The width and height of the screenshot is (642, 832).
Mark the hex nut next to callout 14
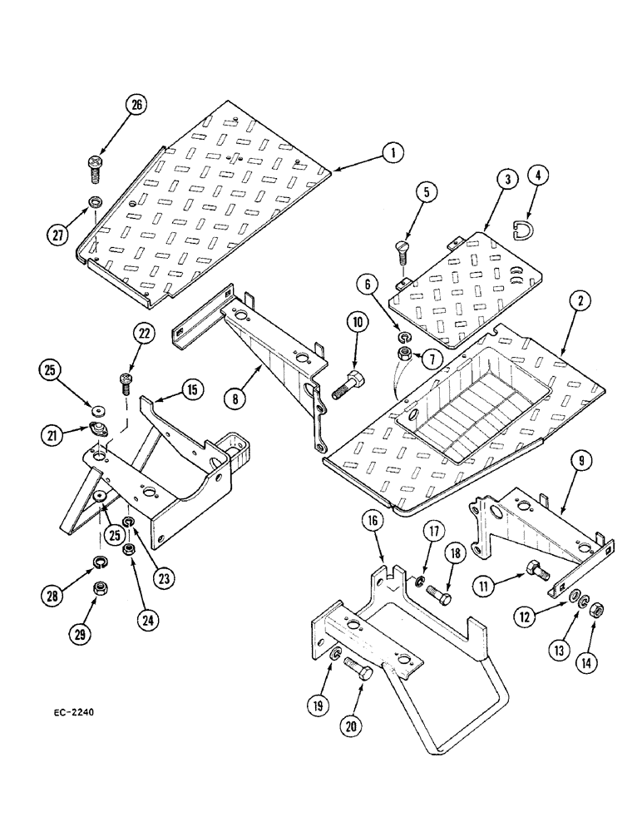pos(597,612)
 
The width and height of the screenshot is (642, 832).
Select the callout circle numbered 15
pos(192,389)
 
